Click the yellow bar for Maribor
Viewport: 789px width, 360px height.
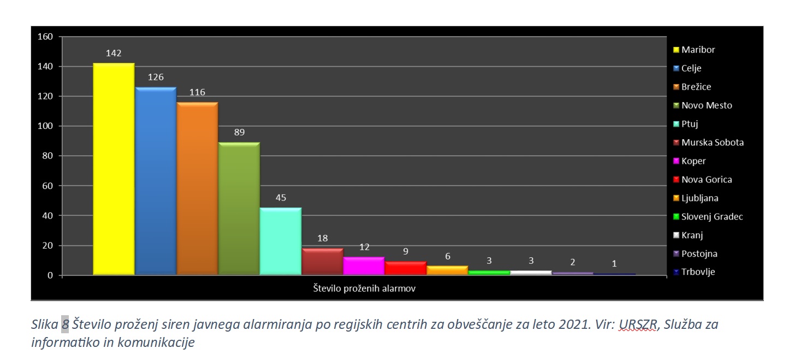click(114, 169)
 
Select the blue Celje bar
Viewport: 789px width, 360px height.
click(156, 180)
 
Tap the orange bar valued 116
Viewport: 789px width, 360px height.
click(197, 188)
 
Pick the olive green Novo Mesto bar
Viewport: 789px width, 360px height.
click(239, 208)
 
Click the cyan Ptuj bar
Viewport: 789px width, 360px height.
click(281, 241)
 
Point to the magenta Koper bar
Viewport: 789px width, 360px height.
click(364, 265)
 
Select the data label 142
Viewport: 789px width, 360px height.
click(114, 54)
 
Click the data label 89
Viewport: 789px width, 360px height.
click(239, 133)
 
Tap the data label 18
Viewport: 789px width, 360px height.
click(322, 238)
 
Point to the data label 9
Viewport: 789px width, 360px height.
click(406, 252)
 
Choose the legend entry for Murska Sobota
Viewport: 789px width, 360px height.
click(712, 143)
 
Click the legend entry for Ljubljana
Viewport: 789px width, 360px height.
click(699, 198)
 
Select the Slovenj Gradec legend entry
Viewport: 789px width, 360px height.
click(711, 217)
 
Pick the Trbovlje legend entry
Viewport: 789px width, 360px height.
click(698, 272)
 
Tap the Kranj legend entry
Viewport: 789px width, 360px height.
click(692, 235)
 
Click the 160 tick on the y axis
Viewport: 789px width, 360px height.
click(45, 37)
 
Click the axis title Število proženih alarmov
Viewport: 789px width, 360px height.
click(364, 288)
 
